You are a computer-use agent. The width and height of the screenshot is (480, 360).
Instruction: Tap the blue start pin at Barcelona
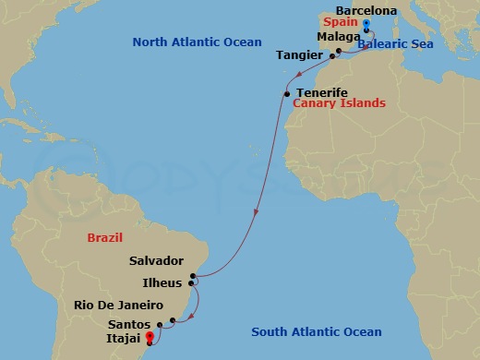pyautogui.click(x=366, y=25)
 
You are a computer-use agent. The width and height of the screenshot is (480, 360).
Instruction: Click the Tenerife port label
pyautogui.click(x=322, y=93)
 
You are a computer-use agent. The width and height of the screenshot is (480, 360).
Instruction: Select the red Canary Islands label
pyautogui.click(x=339, y=103)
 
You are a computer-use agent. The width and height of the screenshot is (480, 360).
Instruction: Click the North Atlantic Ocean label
pyautogui.click(x=198, y=42)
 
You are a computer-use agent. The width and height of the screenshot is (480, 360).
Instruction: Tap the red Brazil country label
pyautogui.click(x=104, y=237)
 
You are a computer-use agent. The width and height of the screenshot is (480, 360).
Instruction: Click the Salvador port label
pyautogui.click(x=157, y=261)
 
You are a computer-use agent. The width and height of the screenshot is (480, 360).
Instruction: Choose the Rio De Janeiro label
pyautogui.click(x=120, y=305)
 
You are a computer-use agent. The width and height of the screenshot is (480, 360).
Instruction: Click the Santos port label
pyautogui.click(x=128, y=324)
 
